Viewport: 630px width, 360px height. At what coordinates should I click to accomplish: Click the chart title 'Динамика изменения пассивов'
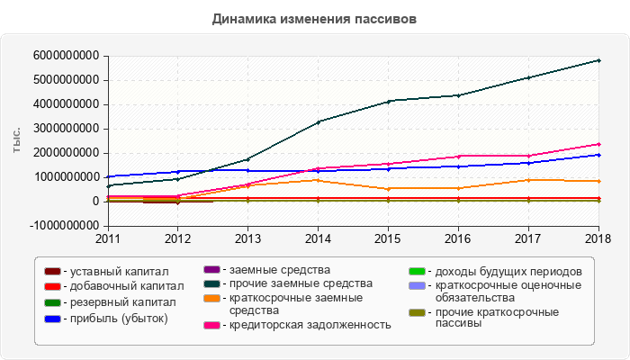point(315,18)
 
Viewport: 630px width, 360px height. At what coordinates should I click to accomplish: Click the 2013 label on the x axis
point(247,239)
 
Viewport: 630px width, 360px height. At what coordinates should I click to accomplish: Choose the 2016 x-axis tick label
point(458,239)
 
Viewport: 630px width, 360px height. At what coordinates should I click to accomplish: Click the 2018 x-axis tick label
point(598,239)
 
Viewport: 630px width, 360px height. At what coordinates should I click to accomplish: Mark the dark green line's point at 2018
point(598,60)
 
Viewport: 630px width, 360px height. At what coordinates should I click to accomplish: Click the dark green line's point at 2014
point(318,121)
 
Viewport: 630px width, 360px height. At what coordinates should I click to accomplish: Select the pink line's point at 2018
point(598,144)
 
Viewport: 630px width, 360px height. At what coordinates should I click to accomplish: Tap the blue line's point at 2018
point(598,155)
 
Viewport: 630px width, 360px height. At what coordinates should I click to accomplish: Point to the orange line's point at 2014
point(318,180)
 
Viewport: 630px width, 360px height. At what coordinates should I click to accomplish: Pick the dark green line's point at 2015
point(388,101)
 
